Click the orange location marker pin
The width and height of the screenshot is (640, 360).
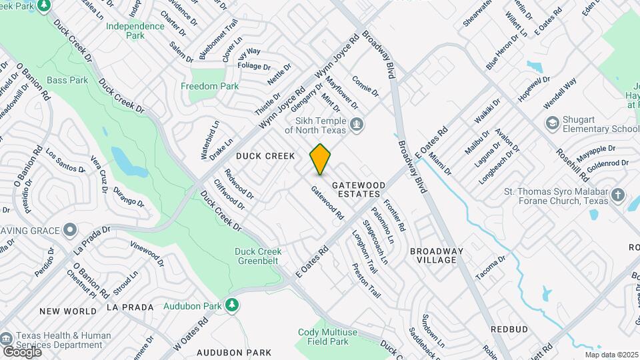coord(321,159)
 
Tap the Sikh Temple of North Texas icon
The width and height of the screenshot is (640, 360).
coord(357,124)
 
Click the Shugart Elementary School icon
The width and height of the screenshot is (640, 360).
coord(552,123)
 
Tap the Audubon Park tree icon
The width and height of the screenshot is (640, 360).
coord(232,305)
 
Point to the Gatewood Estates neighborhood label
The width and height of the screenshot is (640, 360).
coord(359,189)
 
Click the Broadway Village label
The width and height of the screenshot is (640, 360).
coord(436,255)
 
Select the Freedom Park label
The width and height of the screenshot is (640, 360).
coord(210,86)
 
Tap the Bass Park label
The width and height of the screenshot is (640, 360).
coord(68,80)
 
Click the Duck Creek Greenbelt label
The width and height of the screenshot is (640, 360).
coord(258,256)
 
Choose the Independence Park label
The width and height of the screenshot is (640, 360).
coord(135,31)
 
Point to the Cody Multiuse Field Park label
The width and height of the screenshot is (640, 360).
coord(323,337)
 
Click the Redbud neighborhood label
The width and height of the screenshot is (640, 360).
coord(509,329)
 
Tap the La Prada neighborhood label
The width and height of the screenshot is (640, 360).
coord(130,307)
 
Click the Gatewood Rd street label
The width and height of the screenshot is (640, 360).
coord(327,203)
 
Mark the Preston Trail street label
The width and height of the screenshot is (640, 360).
coord(366,281)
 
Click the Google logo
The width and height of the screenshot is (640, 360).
coord(22,351)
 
